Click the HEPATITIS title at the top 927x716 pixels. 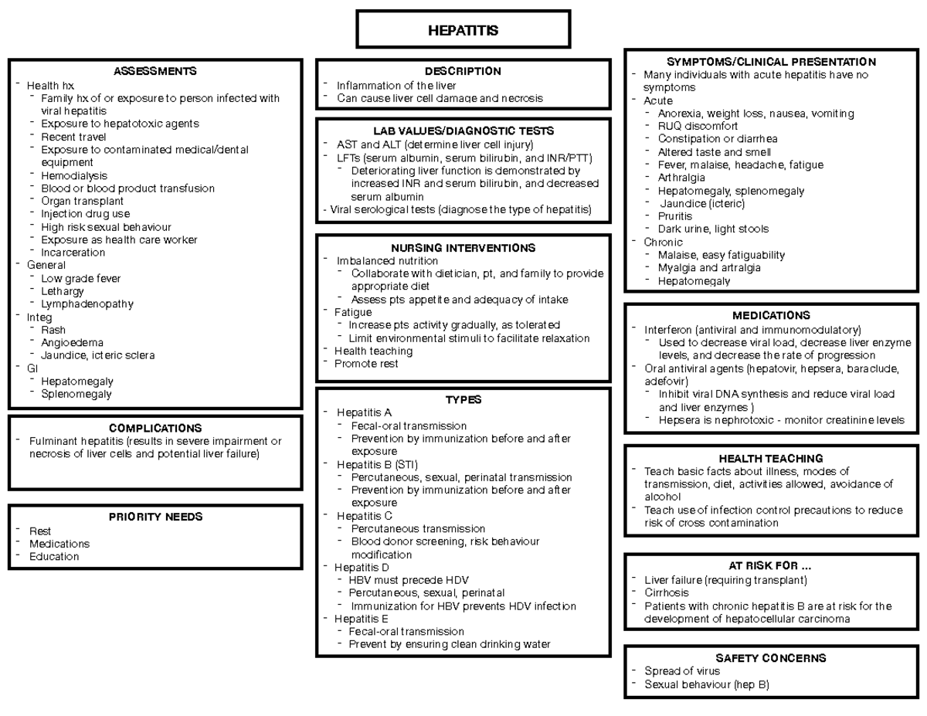pos(463,31)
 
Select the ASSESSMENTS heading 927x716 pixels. pos(154,72)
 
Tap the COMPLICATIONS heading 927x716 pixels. pos(155,428)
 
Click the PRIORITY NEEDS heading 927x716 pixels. pos(155,517)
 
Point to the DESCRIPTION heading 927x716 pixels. pos(463,71)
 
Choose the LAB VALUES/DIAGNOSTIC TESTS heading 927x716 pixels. pos(463,131)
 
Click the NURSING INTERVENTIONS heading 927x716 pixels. pos(463,248)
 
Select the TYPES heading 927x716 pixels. pos(463,399)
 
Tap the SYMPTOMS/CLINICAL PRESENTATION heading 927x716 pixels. pos(771,62)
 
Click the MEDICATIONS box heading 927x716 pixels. pos(771,315)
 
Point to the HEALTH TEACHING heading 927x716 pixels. pos(771,458)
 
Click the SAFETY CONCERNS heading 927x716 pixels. pos(771,658)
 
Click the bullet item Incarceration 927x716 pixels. pos(73,253)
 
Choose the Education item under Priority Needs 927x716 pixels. pos(54,556)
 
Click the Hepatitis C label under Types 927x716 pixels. pos(364,515)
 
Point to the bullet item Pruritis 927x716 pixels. pos(674,216)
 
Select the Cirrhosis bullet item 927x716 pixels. pos(667,592)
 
